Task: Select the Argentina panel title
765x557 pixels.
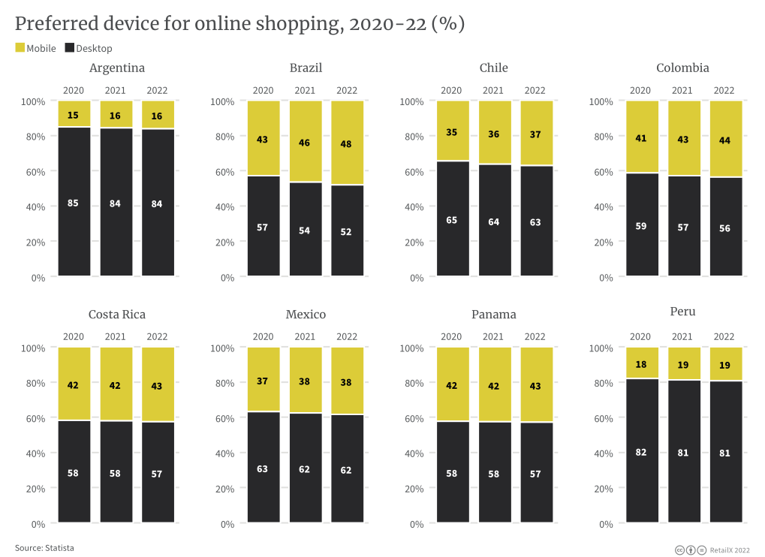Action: pos(117,68)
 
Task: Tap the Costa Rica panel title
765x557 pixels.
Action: pos(117,315)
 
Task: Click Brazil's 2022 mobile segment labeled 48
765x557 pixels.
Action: pos(347,143)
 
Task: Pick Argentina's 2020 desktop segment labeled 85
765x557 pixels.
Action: pos(74,202)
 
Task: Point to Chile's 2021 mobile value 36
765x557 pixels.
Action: pos(493,133)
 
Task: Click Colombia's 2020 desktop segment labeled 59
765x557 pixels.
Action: pos(640,225)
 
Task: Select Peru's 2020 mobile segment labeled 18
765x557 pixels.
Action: pos(640,364)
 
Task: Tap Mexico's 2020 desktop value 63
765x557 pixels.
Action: pos(263,468)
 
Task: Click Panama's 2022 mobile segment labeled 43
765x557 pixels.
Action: pos(535,386)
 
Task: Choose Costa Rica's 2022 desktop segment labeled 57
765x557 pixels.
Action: pos(158,474)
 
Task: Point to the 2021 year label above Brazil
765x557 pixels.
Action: pos(305,91)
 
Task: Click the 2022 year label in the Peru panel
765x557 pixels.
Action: pos(724,337)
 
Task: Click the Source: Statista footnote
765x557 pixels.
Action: pos(44,548)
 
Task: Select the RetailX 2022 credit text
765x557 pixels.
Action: pos(729,550)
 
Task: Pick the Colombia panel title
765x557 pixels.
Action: pos(682,68)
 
